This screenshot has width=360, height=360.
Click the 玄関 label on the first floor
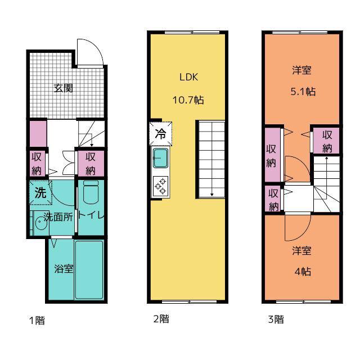[64, 88]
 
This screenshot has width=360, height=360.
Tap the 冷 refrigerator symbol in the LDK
[160, 134]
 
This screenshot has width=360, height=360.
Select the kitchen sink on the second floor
[160, 158]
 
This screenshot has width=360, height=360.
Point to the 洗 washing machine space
[40, 192]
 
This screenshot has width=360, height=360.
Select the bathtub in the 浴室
[89, 270]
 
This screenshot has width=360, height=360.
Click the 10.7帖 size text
[188, 100]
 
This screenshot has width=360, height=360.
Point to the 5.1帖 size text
[303, 91]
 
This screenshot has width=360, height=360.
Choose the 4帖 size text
[303, 272]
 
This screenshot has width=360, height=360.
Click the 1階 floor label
[37, 320]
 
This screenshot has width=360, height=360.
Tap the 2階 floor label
[161, 319]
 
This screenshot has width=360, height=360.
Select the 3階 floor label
[276, 319]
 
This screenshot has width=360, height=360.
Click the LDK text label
[188, 77]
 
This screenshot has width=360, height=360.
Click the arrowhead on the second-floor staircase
[212, 195]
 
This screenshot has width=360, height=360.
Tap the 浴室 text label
[64, 269]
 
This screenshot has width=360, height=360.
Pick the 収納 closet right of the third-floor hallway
[326, 141]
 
